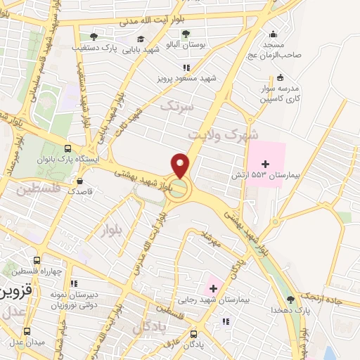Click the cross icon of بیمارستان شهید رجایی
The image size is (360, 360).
(x=212, y=289)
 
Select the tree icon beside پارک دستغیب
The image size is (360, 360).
(x=94, y=37)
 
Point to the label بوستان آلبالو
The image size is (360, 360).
(x=186, y=44)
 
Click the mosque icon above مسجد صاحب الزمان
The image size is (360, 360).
(x=272, y=33)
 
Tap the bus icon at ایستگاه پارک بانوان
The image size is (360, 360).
(x=67, y=148)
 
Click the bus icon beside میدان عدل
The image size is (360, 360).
(x=27, y=330)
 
